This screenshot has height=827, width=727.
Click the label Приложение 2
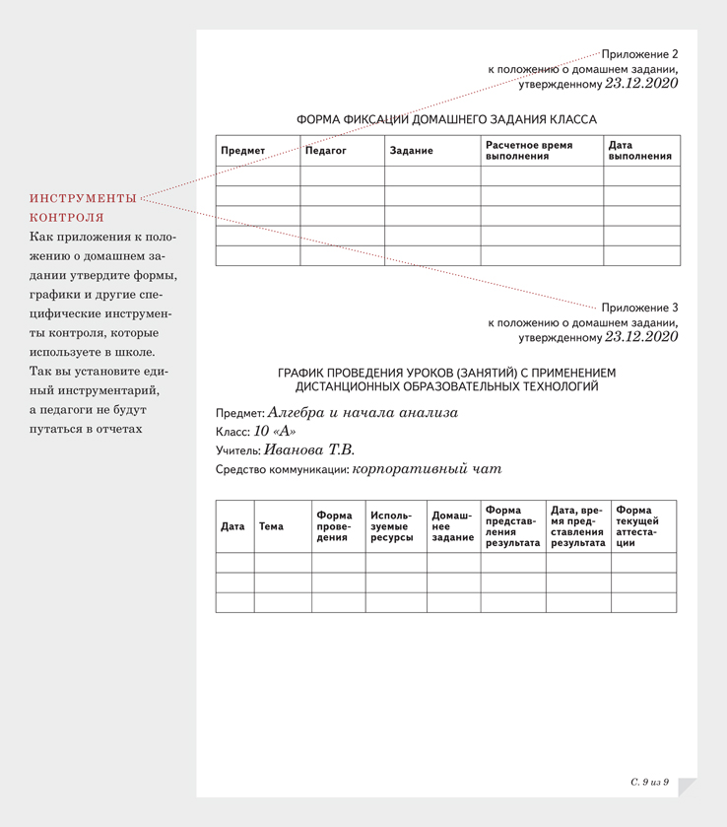click(x=639, y=54)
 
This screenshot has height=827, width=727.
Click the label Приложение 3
click(x=639, y=308)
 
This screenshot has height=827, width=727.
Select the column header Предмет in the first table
click(x=242, y=151)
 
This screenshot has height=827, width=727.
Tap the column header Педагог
click(x=326, y=151)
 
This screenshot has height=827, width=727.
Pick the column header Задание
click(x=411, y=151)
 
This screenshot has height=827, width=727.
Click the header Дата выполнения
click(x=639, y=151)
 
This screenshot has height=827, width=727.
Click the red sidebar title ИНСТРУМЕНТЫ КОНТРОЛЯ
click(x=83, y=208)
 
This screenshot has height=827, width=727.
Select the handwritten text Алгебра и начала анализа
click(x=363, y=413)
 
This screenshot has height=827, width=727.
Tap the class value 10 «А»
click(x=274, y=432)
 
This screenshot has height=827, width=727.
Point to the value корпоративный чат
click(x=427, y=469)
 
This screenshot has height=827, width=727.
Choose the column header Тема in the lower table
click(x=271, y=526)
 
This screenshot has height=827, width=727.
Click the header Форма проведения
click(x=334, y=526)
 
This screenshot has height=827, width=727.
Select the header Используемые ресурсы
click(x=391, y=526)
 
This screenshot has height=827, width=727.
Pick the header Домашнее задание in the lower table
click(x=452, y=526)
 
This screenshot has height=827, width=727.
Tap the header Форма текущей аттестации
click(x=637, y=526)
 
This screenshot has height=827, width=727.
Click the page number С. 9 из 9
click(x=650, y=782)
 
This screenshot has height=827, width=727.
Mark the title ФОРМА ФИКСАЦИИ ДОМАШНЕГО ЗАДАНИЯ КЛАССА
click(x=446, y=119)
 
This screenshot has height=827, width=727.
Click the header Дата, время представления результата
click(x=577, y=526)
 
